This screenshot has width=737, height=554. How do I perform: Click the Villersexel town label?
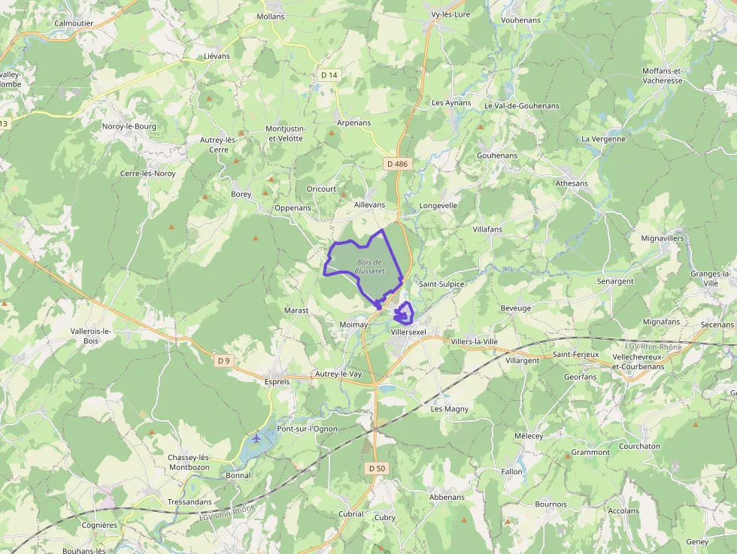(408, 331)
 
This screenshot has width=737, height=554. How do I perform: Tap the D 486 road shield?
(397, 164)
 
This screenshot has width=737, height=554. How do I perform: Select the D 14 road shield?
(329, 75)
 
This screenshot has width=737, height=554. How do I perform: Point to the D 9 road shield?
(223, 361)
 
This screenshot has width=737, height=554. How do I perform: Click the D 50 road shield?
(377, 468)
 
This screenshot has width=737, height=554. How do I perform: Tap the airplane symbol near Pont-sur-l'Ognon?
(257, 437)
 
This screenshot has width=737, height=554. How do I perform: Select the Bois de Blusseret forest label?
(370, 266)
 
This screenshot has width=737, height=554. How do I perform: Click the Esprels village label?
(278, 381)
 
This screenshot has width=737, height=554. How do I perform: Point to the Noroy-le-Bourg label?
(129, 126)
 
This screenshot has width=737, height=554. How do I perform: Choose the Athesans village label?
(572, 183)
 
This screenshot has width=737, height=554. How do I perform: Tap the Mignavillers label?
(663, 238)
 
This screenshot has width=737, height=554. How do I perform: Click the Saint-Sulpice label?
(441, 284)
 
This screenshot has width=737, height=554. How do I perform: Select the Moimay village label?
(353, 325)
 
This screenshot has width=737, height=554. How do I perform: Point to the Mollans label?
(271, 16)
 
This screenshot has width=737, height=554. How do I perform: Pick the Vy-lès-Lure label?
(450, 14)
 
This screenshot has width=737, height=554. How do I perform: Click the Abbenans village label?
(447, 498)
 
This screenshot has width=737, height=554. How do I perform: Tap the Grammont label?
(590, 453)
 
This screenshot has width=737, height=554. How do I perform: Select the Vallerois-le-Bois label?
(90, 335)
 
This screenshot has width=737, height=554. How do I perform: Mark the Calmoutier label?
(73, 23)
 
